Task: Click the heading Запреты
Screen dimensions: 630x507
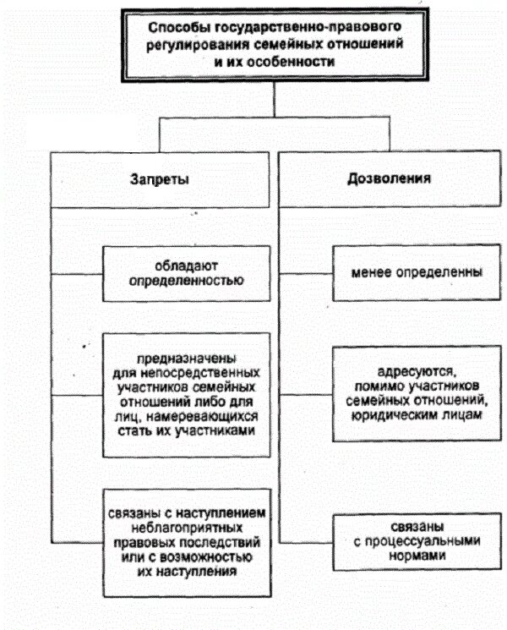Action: [x=160, y=179]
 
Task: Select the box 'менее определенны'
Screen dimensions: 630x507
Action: [x=405, y=273]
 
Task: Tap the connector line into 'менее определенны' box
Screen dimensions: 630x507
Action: [x=306, y=274]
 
